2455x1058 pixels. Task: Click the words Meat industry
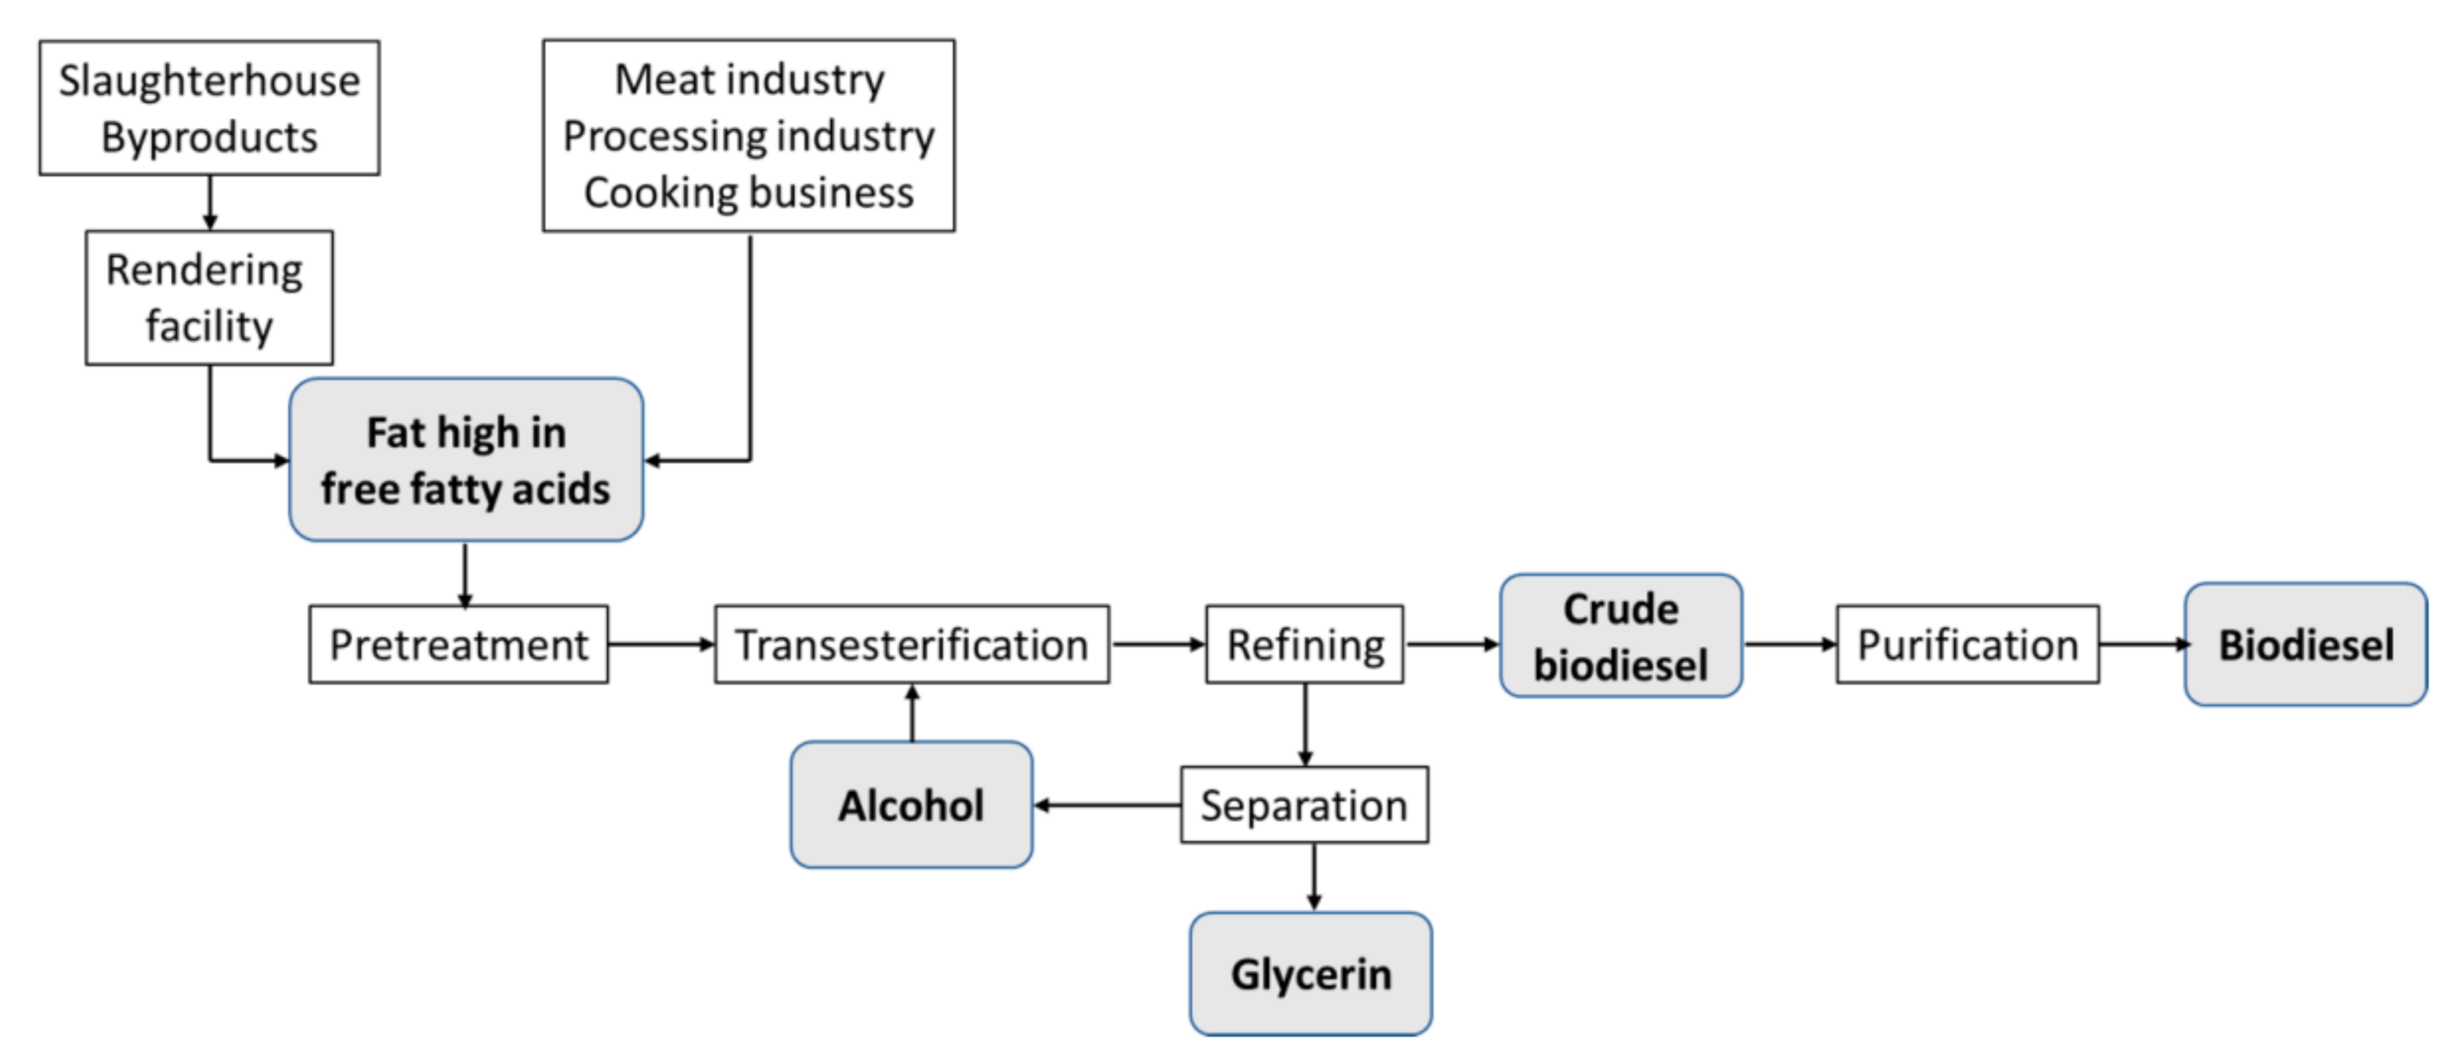pyautogui.click(x=749, y=79)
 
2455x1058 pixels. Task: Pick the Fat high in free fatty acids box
pyautogui.click(x=466, y=460)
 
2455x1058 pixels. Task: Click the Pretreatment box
pyautogui.click(x=458, y=644)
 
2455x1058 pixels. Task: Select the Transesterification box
pyautogui.click(x=911, y=644)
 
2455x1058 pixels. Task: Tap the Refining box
pyautogui.click(x=1304, y=644)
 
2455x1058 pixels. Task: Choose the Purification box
pyautogui.click(x=1967, y=644)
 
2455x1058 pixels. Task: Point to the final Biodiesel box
pyautogui.click(x=2304, y=644)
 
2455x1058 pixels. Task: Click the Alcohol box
pyautogui.click(x=911, y=806)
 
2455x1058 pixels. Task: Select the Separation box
pyautogui.click(x=1304, y=806)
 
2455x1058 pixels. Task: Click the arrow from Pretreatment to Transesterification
pyautogui.click(x=661, y=644)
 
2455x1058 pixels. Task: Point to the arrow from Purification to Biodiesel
pyautogui.click(x=2142, y=644)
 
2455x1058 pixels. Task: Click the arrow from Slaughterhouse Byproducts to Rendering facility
pyautogui.click(x=210, y=202)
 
